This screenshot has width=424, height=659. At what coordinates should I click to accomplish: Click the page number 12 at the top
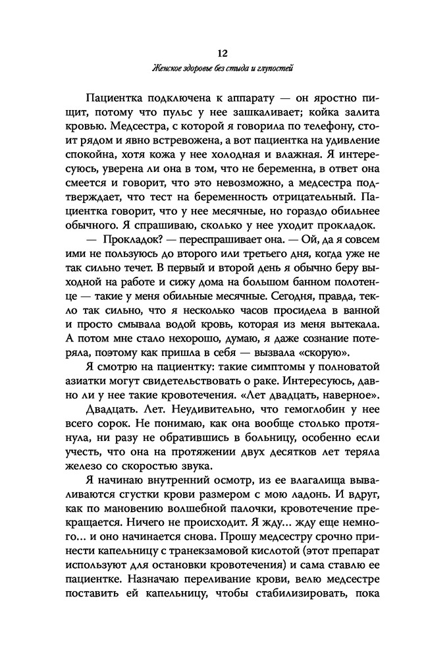coord(212,52)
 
